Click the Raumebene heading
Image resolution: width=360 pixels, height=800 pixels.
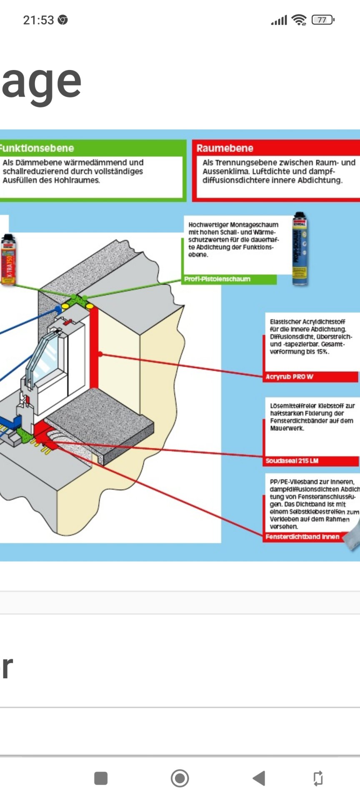point(225,148)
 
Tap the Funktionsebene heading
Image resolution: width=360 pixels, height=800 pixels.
point(37,148)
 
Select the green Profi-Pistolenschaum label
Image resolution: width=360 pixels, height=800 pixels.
point(217,279)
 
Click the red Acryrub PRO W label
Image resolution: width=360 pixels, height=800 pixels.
point(289,377)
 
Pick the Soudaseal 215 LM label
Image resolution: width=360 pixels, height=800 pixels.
point(292,461)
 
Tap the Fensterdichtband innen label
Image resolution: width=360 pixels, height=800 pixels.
point(302,537)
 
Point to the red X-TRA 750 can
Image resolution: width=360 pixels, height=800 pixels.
point(8,260)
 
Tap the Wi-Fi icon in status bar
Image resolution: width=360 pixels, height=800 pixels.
point(299,20)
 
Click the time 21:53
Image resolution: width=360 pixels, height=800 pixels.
point(38,20)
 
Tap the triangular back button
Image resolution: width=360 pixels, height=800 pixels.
point(259,778)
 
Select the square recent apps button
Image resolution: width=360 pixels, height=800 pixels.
point(101,778)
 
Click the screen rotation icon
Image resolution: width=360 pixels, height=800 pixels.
point(317,778)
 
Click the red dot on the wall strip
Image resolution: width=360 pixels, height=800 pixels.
point(100,354)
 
